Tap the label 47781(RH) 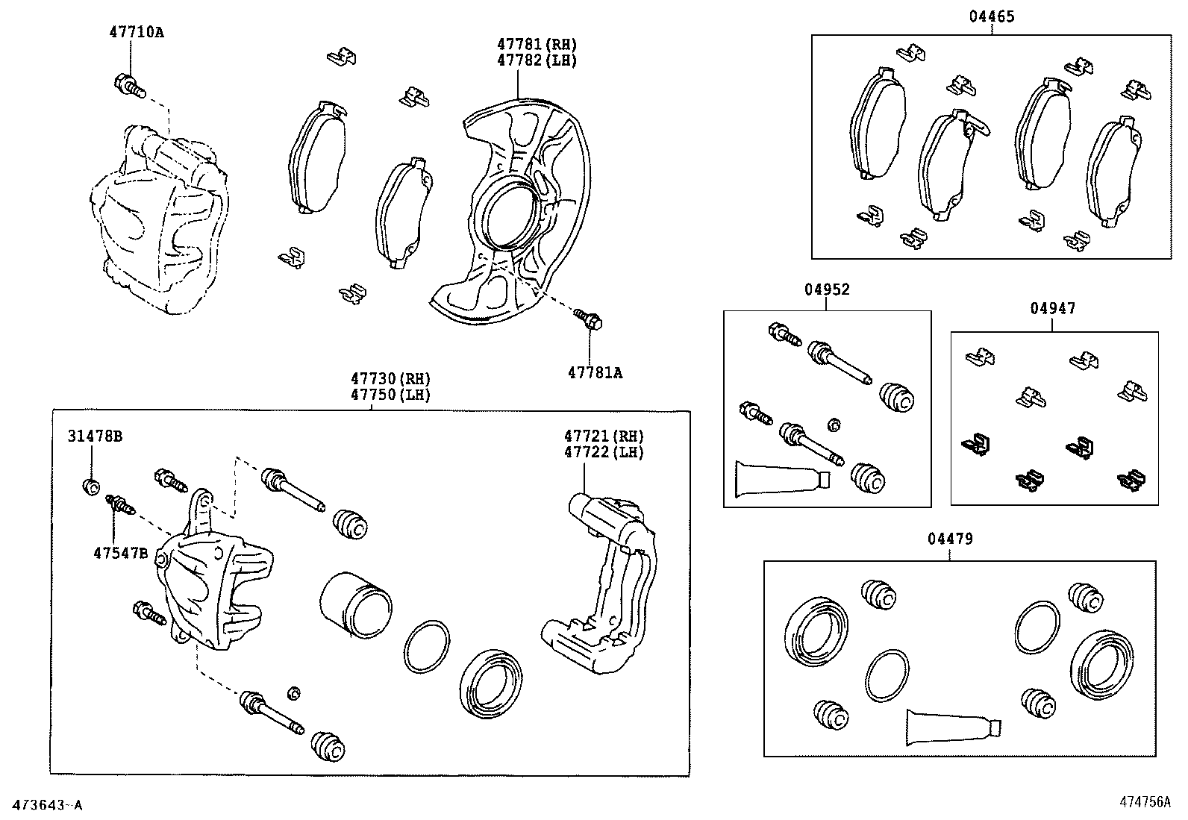pos(537,45)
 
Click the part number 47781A pos(594,372)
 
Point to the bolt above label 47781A pos(590,319)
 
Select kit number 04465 pos(992,16)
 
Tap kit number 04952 pos(827,289)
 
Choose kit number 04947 pos(1053,308)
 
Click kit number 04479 pos(950,539)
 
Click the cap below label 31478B pos(90,487)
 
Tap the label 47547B pos(121,553)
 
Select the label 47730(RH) pos(391,379)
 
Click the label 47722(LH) pos(603,452)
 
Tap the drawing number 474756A pos(1144,802)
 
